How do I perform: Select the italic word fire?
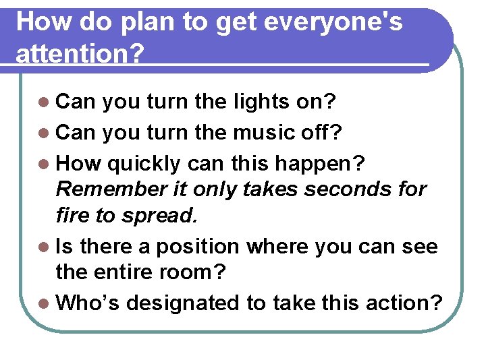72,216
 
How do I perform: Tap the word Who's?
88,303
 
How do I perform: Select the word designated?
184,303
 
